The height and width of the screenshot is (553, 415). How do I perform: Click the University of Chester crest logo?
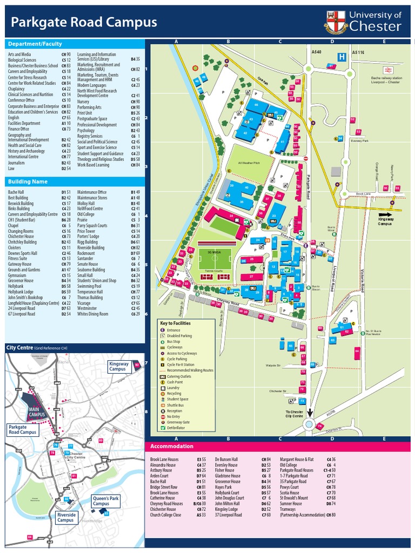coord(335,22)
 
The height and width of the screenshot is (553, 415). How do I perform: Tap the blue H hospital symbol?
coord(342,56)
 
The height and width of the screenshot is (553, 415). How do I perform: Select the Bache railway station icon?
coord(387,70)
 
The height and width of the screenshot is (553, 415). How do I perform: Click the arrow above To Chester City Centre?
coord(310,412)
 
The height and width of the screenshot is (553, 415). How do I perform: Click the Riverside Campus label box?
coord(66,517)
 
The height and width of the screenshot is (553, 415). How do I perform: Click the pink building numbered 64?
coord(357,353)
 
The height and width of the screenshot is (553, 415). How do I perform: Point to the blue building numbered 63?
coord(333,340)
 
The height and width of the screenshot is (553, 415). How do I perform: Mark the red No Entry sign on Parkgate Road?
coord(305,159)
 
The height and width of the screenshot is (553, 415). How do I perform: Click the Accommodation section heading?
coord(171,447)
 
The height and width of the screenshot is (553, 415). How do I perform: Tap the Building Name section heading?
coord(27,182)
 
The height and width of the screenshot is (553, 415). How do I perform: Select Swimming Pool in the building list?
coord(92,286)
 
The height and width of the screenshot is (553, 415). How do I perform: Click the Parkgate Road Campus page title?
coord(84,22)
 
